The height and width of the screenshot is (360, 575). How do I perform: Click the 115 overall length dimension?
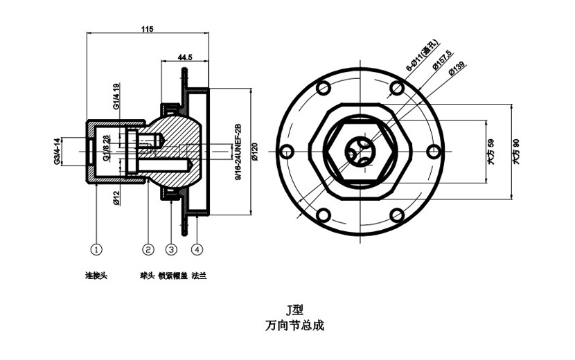147,29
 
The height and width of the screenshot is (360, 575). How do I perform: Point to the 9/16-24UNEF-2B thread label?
237,152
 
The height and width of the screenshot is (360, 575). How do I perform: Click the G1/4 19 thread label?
116,93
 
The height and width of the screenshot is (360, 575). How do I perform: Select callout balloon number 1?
97,248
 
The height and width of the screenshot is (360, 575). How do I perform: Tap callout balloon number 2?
148,248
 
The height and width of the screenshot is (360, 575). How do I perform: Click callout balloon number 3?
172,248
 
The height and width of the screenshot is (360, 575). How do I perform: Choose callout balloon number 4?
197,248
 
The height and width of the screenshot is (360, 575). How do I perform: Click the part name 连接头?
96,276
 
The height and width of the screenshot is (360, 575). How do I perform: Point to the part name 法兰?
199,276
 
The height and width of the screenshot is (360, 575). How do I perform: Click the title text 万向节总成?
294,325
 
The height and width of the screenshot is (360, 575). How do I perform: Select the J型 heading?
294,310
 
